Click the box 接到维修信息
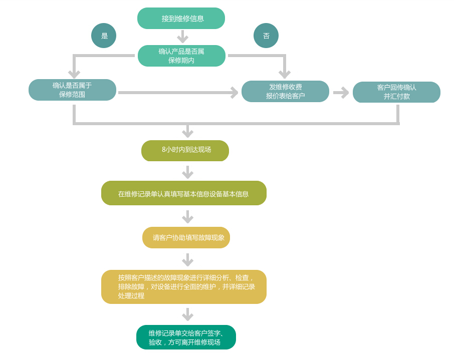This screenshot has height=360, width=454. coord(181,19)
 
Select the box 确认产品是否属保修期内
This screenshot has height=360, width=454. coord(181,56)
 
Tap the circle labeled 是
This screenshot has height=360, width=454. coord(104,36)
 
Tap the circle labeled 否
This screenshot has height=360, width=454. coord(266,36)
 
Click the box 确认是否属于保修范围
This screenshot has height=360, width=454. coord(72,90)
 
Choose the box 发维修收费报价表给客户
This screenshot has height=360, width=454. coord(285,91)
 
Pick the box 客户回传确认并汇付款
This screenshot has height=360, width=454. coord(396,92)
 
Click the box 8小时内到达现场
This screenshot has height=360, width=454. coord(185,150)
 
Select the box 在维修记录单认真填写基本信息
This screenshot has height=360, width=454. coord(183,193)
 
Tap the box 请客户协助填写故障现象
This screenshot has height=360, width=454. coord(186,237)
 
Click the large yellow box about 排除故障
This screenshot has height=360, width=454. coord(183,287)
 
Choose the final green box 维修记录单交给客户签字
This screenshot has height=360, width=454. coord(186,337)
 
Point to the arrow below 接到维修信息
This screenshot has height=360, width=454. coord(182,37)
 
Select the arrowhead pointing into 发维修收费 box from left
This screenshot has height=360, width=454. coord(234,93)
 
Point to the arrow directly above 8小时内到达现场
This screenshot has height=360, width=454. coord(187,132)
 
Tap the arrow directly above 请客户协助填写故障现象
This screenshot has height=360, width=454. coord(187,217)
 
